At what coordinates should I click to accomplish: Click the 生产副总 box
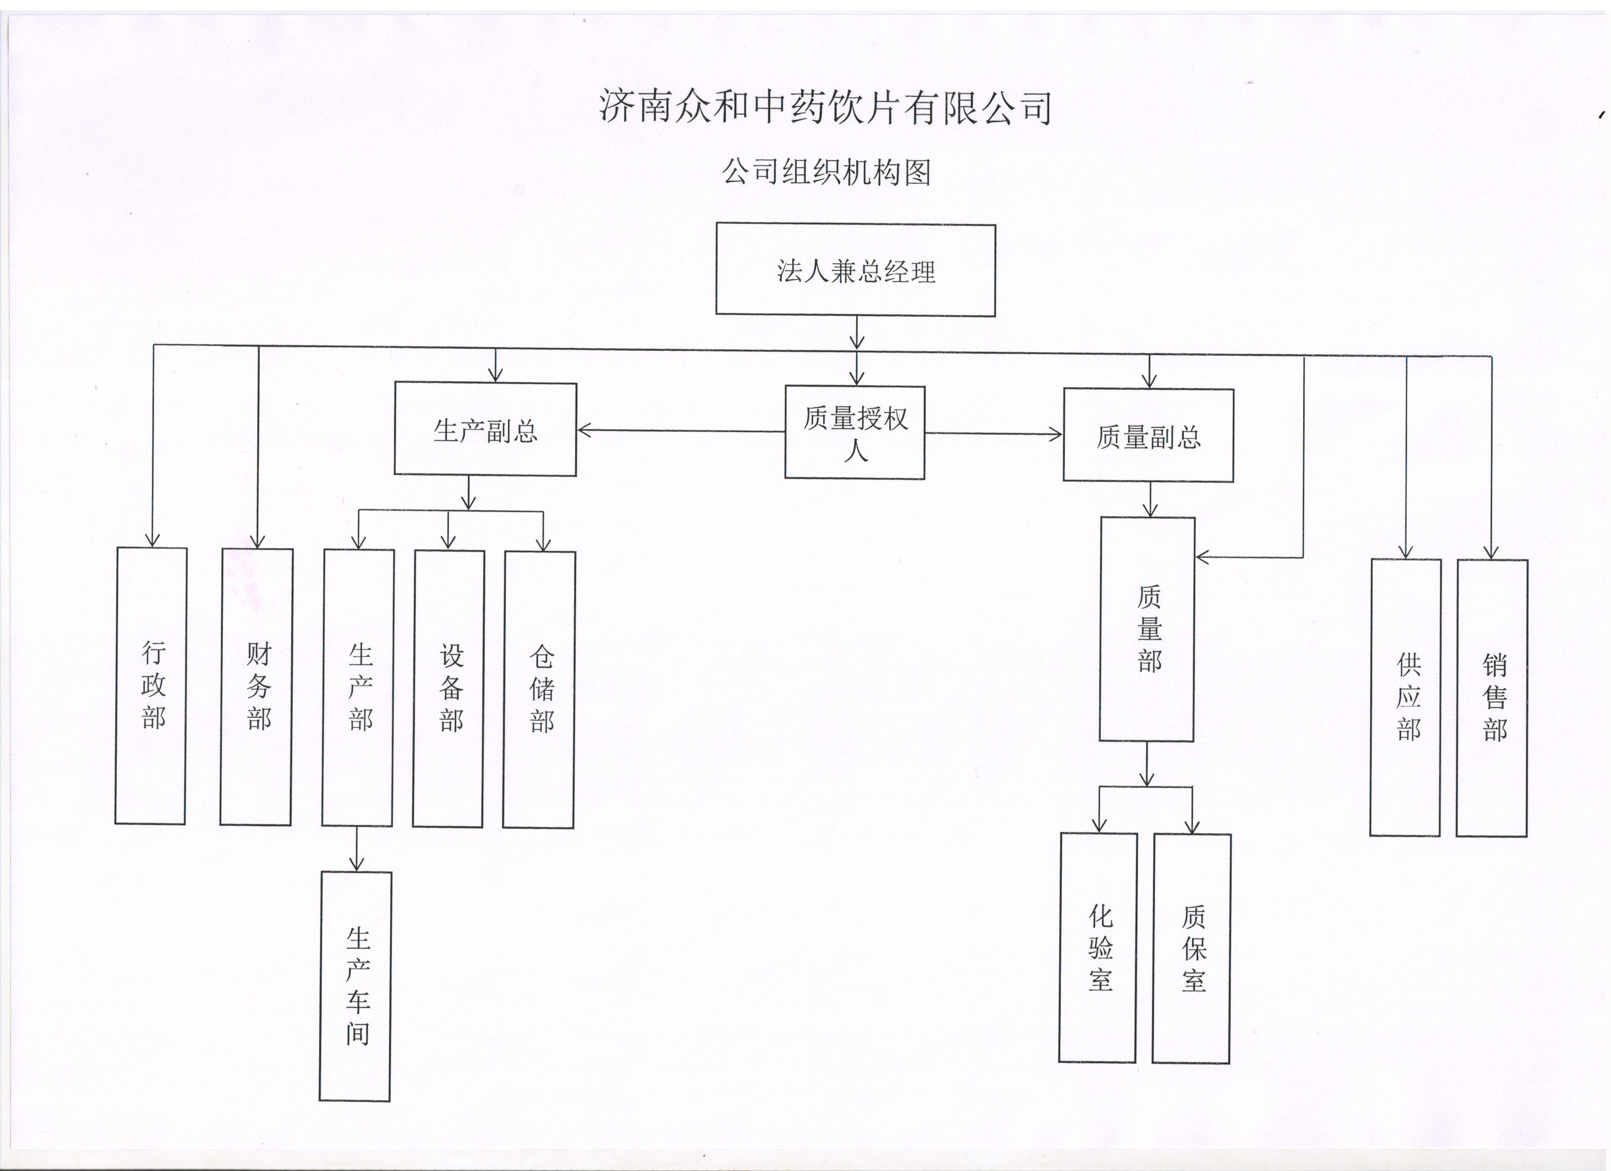485,429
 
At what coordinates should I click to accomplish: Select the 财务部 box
256,687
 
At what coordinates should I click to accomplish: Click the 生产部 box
358,687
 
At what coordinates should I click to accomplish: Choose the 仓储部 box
539,690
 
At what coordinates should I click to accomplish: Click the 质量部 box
1147,629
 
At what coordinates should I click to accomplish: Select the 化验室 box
1098,948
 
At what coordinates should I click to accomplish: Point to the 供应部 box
1406,698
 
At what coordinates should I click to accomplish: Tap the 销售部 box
1492,698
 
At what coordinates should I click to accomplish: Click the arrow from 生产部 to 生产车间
356,849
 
